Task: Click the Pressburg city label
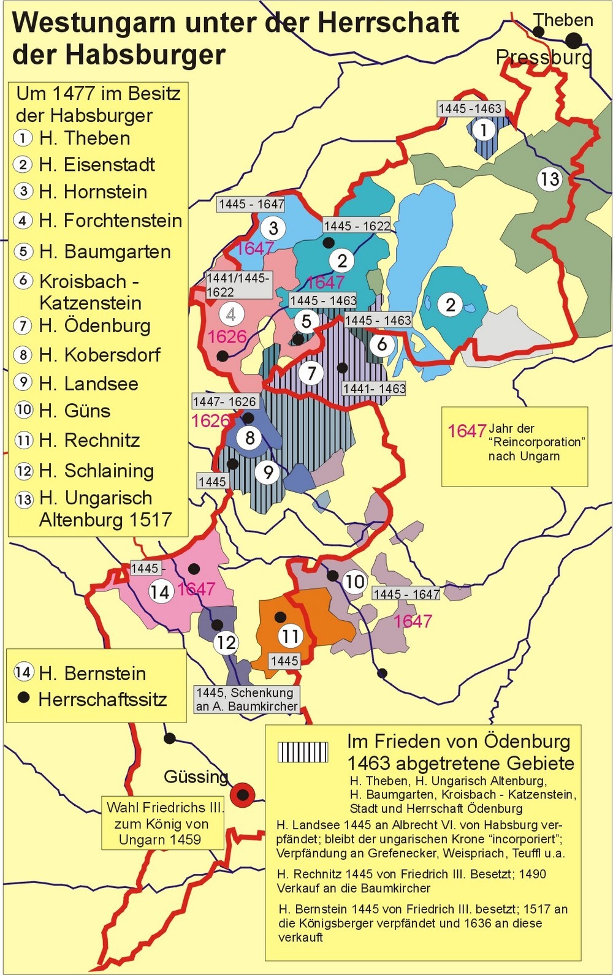point(544,58)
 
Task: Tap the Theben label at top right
point(563,20)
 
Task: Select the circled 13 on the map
point(549,179)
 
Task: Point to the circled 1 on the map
point(484,129)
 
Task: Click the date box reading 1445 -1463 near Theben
point(470,108)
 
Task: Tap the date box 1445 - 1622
point(357,226)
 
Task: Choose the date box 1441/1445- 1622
point(238,285)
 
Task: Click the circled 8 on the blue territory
point(249,438)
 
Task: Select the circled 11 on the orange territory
point(290,635)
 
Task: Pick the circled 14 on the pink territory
point(160,591)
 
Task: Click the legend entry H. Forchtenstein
point(110,221)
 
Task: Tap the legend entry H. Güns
point(75,411)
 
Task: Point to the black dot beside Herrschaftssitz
point(24,698)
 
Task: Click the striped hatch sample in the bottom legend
point(303,752)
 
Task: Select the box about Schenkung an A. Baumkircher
point(246,699)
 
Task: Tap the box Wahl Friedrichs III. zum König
point(162,823)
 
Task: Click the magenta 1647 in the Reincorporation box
point(466,431)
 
